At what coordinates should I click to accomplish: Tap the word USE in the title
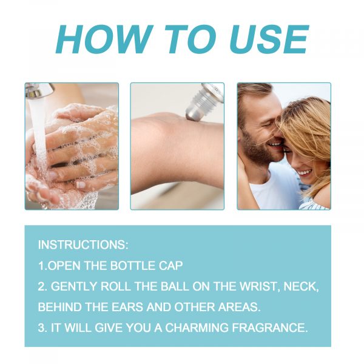269,39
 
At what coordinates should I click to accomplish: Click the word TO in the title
191,39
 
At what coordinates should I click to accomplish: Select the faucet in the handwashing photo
38,90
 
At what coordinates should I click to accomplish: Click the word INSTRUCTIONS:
83,244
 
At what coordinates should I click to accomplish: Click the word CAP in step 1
171,266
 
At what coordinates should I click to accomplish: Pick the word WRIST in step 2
260,286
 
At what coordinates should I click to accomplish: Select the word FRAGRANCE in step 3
270,328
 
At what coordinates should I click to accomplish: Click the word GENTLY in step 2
73,286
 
